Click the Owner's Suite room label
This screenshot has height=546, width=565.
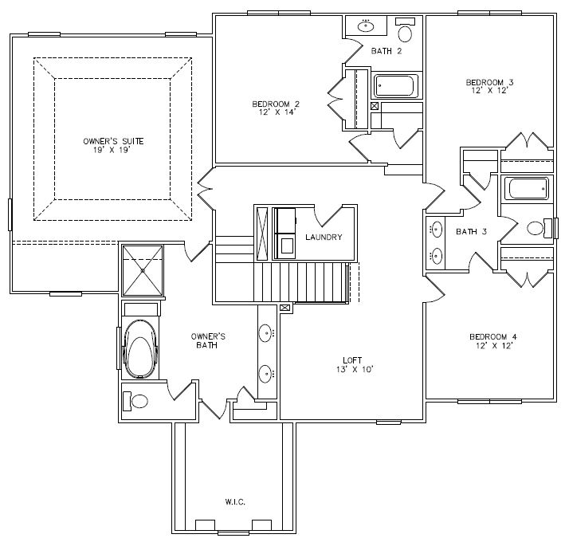point(113,141)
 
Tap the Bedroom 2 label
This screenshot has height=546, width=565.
point(276,104)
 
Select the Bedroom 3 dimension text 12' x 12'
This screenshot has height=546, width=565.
point(489,90)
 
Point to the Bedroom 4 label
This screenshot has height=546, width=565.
point(493,337)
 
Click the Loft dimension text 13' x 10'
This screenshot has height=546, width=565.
point(355,369)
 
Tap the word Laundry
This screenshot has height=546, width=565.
point(324,238)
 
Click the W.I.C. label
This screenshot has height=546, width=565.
point(235,501)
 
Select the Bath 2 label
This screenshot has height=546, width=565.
point(386,51)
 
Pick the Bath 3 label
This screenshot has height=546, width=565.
point(471,232)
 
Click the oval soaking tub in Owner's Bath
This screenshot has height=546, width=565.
point(140,348)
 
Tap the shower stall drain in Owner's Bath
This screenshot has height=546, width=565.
point(143,270)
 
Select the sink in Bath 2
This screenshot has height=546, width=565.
point(366,26)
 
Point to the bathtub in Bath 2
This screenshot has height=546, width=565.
point(396,86)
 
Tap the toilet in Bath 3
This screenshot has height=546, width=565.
point(539,228)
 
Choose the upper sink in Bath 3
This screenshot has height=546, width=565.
point(437,230)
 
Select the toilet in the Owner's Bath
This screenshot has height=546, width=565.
point(135,401)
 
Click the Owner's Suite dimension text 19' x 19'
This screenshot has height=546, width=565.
point(112,151)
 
